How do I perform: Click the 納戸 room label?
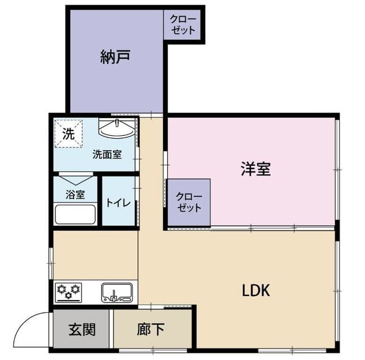(x=115, y=56)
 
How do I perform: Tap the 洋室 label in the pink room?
(x=255, y=169)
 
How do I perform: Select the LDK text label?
(x=256, y=290)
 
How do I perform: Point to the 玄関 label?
(x=82, y=329)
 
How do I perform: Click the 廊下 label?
(x=151, y=329)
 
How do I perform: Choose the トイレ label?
(x=118, y=203)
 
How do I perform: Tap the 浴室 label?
(x=75, y=195)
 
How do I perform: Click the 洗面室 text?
(x=107, y=155)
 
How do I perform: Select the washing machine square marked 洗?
(x=68, y=134)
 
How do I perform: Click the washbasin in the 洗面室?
(x=116, y=128)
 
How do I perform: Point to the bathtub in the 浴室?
(x=75, y=214)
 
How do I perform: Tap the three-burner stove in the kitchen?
(x=68, y=292)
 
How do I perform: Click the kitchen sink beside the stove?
(x=117, y=293)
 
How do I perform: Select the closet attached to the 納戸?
(x=182, y=25)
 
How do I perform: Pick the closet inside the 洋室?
(x=189, y=202)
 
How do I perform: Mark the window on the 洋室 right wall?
(x=337, y=169)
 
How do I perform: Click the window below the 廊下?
(x=153, y=350)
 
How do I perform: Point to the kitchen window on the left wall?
(x=51, y=263)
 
